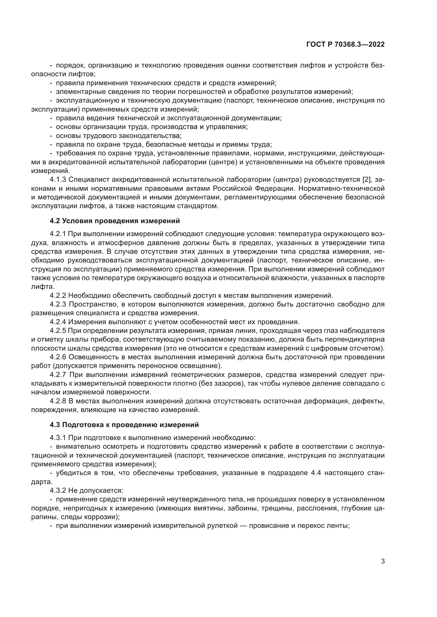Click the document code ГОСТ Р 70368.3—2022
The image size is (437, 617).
point(345,45)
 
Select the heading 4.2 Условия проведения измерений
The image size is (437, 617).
point(115,221)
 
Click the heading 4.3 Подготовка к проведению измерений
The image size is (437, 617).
point(124,425)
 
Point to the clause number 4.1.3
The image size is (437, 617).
point(58,180)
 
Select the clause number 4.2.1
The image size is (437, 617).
point(58,234)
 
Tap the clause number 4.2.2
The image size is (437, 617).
point(58,296)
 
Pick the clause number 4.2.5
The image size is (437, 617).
point(58,331)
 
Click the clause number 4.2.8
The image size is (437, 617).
point(58,401)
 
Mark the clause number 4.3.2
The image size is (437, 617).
point(58,490)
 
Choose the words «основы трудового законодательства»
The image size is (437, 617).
point(119,136)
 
